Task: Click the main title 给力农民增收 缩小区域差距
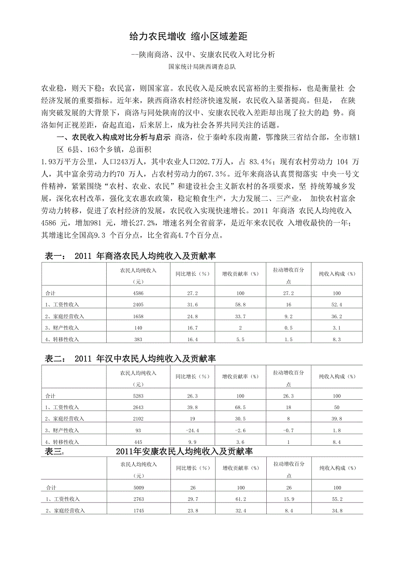pyautogui.click(x=188, y=36)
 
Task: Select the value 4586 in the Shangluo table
pyautogui.click(x=138, y=293)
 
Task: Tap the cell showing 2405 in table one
pyautogui.click(x=138, y=304)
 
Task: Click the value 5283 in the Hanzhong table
pyautogui.click(x=138, y=396)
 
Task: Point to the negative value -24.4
pyautogui.click(x=190, y=430)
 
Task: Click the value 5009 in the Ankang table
pyautogui.click(x=138, y=488)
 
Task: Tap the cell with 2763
pyautogui.click(x=138, y=499)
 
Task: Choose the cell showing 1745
pyautogui.click(x=138, y=511)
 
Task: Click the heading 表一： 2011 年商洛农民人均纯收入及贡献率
pyautogui.click(x=131, y=257)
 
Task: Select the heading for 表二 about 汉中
pyautogui.click(x=131, y=359)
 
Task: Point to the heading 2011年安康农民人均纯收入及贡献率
pyautogui.click(x=184, y=452)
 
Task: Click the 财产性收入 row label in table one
pyautogui.click(x=62, y=328)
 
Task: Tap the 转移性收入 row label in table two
pyautogui.click(x=62, y=442)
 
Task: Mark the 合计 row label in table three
pyautogui.click(x=52, y=488)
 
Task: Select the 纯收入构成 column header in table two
pyautogui.click(x=337, y=376)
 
